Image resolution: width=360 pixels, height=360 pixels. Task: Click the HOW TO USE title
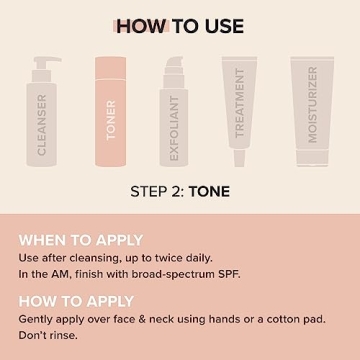[x=179, y=26]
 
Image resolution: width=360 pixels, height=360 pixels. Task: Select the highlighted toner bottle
[x=110, y=112]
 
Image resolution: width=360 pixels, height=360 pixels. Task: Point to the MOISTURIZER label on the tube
[x=312, y=105]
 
